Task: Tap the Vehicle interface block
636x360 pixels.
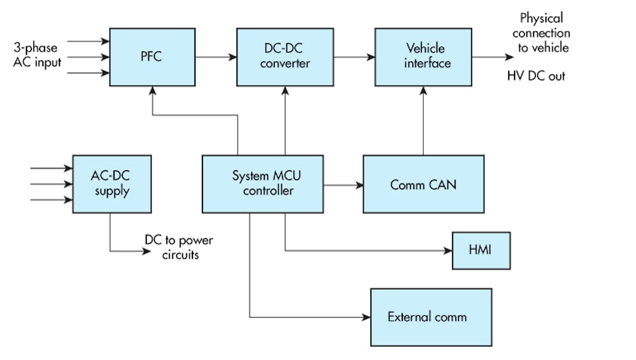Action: (x=423, y=56)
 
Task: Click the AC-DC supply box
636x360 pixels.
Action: (x=112, y=184)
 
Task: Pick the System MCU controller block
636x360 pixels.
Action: (x=263, y=184)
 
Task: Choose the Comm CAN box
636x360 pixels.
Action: (x=423, y=184)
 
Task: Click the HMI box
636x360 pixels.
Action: (x=481, y=250)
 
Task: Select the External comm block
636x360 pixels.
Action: (x=431, y=317)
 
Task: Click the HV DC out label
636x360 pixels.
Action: (x=536, y=76)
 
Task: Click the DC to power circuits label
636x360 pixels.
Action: (x=179, y=247)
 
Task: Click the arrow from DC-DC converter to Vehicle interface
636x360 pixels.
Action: (x=354, y=56)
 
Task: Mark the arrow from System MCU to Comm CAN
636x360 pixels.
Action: (x=343, y=185)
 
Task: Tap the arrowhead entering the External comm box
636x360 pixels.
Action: (x=366, y=318)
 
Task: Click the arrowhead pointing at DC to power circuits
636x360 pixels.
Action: (x=147, y=251)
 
